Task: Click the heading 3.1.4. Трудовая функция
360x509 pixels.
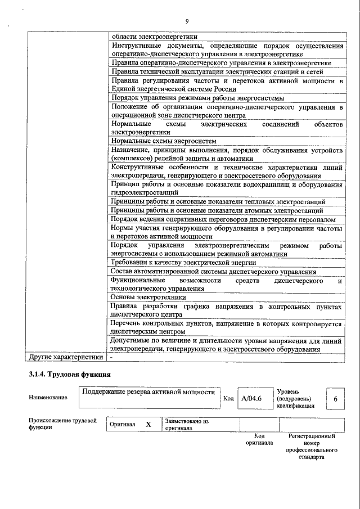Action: pos(69,374)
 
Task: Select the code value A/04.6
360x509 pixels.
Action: pos(251,398)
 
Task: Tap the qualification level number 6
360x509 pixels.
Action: pos(335,398)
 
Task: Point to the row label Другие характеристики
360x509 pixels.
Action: pos(66,357)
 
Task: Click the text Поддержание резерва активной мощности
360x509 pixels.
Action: pos(148,393)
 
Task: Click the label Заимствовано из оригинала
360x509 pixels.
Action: pos(186,424)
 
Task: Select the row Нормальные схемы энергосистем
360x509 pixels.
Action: pos(164,141)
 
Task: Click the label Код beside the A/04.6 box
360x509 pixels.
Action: pos(228,398)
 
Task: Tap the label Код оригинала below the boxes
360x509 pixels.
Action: pos(259,439)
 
